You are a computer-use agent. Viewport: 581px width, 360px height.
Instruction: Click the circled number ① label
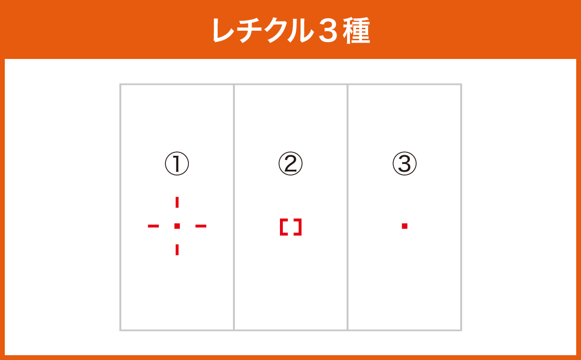tap(177, 163)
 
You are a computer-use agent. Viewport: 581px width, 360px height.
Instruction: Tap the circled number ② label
tap(290, 163)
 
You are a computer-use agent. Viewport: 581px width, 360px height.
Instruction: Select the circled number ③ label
tap(405, 163)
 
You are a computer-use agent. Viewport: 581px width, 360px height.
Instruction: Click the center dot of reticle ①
tap(177, 226)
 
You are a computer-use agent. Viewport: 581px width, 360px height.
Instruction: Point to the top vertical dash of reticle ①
tap(177, 202)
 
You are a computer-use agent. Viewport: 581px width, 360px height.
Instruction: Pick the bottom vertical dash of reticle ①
tap(177, 250)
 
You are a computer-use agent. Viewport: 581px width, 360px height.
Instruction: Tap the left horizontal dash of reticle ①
tap(153, 226)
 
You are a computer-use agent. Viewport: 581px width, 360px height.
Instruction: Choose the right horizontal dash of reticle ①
tap(201, 226)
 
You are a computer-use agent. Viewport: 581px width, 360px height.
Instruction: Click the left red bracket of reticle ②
tap(281, 227)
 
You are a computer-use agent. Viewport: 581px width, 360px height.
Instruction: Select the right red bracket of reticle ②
tap(300, 227)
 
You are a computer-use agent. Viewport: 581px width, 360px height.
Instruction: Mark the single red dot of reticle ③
tap(405, 226)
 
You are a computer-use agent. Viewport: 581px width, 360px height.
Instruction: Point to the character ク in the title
tap(277, 31)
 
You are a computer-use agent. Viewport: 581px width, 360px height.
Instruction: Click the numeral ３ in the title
tap(328, 31)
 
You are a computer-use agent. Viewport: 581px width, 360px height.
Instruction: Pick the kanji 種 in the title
tap(356, 31)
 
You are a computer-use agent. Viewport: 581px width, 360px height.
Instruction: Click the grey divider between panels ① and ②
tap(234, 207)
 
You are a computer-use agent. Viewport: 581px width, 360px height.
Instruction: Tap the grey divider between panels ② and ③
tap(347, 207)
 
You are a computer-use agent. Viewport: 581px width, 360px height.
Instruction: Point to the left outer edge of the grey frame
tap(120, 207)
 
